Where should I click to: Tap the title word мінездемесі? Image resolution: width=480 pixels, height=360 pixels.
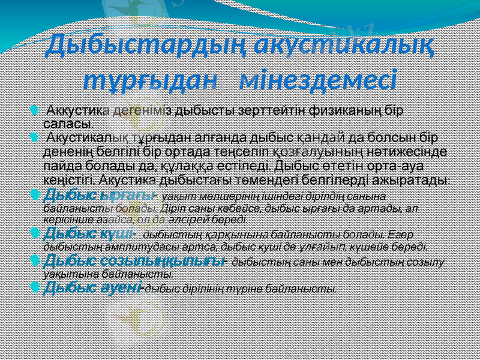pos(317,79)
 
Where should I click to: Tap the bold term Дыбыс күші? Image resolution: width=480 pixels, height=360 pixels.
pos(91,232)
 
